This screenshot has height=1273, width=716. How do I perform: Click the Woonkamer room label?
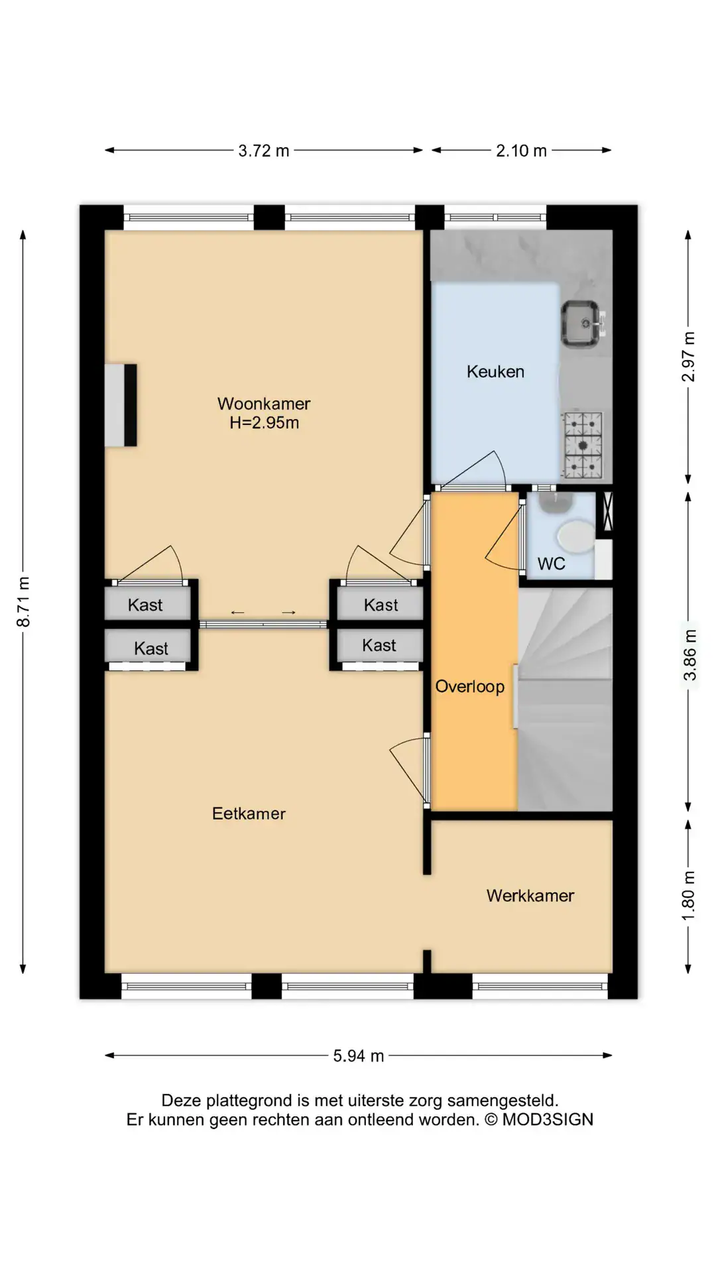[x=264, y=403]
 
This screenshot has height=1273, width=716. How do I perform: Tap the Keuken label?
[x=495, y=371]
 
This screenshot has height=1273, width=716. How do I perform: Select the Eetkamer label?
[x=249, y=814]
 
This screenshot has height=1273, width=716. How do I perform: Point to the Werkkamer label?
[x=530, y=896]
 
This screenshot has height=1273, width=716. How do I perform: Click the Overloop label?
[x=470, y=686]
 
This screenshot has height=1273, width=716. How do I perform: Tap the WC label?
[x=552, y=564]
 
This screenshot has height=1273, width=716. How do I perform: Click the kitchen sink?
[x=582, y=324]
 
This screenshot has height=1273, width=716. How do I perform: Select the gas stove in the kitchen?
[x=583, y=445]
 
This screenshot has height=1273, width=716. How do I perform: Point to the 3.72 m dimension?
[x=264, y=151]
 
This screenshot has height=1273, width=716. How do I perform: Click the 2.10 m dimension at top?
[x=522, y=151]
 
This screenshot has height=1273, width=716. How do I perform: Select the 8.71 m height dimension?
[x=23, y=602]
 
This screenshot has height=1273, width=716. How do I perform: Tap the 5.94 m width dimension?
[x=359, y=1056]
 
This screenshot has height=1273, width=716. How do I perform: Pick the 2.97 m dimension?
[x=689, y=357]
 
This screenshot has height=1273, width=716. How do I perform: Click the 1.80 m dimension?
[x=689, y=896]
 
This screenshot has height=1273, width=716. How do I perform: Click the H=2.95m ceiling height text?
[x=264, y=422]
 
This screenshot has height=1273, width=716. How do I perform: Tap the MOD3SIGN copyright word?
[x=548, y=1120]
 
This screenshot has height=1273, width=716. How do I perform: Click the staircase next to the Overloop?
[x=565, y=699]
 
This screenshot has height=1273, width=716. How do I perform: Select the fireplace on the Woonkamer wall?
[x=121, y=404]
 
